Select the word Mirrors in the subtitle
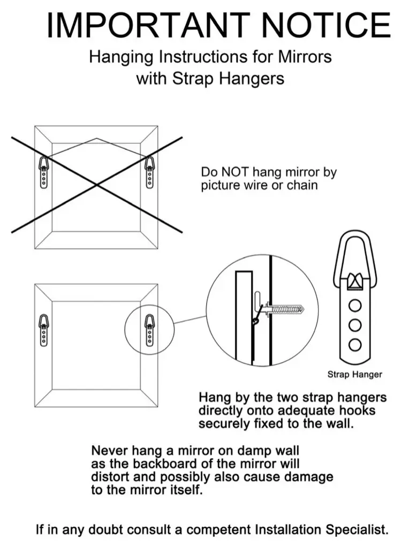point(305,57)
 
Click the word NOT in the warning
point(235,172)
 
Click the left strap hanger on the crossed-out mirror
point(44,172)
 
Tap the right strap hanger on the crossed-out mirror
point(149,172)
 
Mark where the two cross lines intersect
point(97,185)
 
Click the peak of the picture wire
point(96,139)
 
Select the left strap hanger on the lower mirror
point(44,331)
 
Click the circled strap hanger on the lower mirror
point(149,331)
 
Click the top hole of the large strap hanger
point(354,306)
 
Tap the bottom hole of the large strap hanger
point(354,345)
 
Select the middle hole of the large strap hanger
point(354,325)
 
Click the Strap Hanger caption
point(354,375)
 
